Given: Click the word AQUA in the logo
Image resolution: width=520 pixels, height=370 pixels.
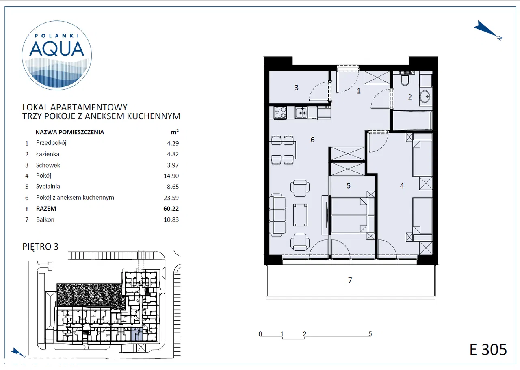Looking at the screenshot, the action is (56, 49).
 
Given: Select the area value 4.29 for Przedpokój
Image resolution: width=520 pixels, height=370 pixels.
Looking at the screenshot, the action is (173, 143).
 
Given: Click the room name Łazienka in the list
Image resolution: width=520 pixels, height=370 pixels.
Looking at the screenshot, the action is (48, 154).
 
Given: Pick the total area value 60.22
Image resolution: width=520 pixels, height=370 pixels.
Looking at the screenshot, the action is (171, 209).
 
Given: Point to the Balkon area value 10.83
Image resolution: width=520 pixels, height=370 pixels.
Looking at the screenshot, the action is (171, 219).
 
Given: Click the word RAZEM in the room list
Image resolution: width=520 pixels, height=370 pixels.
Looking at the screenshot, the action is (46, 209).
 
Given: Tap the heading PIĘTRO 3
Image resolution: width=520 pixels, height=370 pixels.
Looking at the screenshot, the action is (40, 246).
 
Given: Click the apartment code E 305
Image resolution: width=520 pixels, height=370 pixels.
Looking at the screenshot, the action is (488, 349).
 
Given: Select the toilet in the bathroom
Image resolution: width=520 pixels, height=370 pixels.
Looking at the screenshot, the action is (405, 78).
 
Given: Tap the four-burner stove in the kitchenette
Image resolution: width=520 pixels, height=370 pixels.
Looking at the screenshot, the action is (280, 113).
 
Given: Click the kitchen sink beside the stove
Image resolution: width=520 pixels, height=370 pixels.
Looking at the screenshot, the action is (301, 113).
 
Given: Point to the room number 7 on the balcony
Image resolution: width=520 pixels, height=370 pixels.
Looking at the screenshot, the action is (350, 280).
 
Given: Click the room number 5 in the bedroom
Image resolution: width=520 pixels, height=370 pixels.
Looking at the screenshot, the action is (349, 186).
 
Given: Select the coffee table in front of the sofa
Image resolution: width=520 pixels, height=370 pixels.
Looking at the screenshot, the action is (300, 215).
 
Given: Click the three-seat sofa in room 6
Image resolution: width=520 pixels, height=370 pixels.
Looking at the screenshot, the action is (277, 215).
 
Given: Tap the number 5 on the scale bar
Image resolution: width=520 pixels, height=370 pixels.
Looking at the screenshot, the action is (370, 334).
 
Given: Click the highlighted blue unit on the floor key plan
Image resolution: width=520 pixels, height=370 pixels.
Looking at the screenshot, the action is (137, 334).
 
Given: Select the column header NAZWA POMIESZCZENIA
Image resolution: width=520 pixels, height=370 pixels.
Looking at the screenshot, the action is (69, 132).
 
